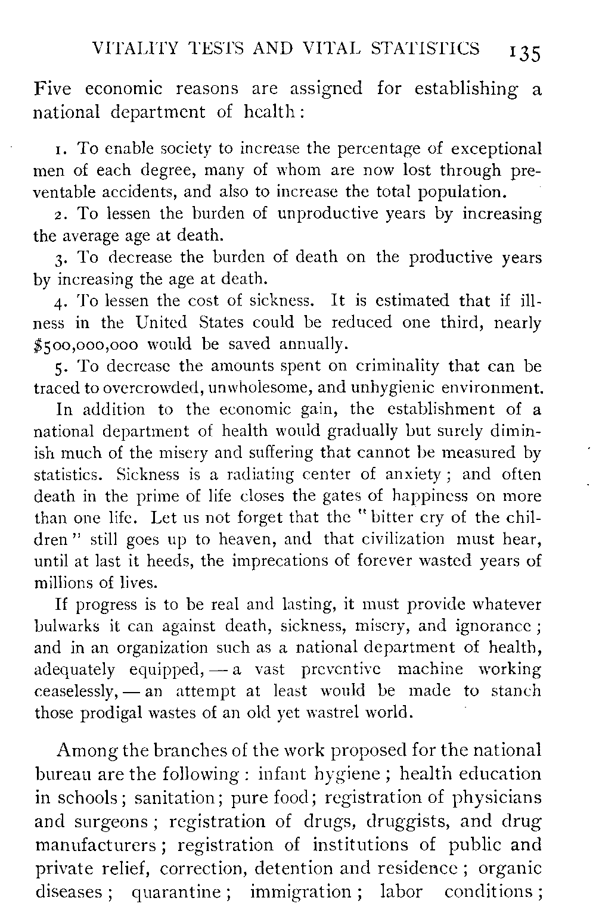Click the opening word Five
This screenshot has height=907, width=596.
click(53, 89)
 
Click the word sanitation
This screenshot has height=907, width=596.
click(174, 798)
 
